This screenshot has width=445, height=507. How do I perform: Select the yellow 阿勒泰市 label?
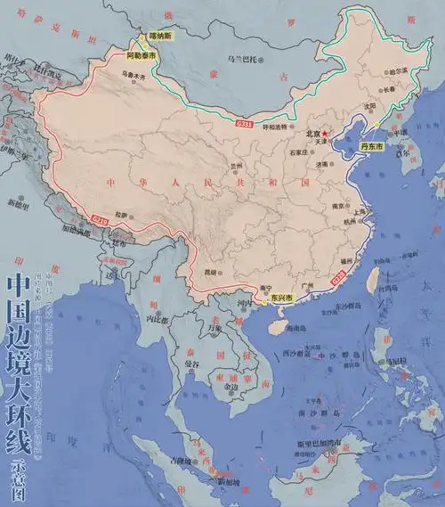click(141, 55)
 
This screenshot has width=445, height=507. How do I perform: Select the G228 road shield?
click(336, 280)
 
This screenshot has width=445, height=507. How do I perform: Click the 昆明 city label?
click(212, 271)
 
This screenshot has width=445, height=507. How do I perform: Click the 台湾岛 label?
click(386, 290)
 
